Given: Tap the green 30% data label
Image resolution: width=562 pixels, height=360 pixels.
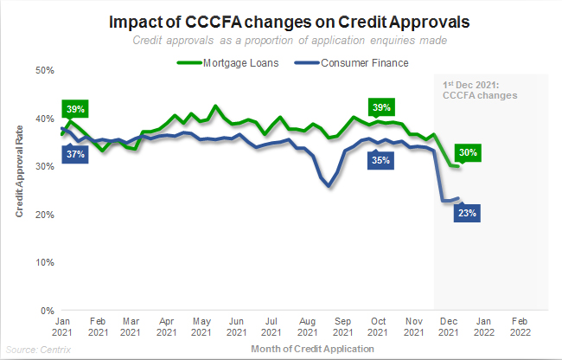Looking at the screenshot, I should click(x=469, y=153).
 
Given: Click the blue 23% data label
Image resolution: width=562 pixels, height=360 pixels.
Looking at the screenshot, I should click(x=468, y=213).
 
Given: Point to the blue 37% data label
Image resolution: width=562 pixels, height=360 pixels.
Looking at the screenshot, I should click(x=75, y=154).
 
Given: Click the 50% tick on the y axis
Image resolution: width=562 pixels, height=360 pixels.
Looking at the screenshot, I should click(x=45, y=70).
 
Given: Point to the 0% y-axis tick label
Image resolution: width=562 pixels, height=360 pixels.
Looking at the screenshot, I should click(x=48, y=310).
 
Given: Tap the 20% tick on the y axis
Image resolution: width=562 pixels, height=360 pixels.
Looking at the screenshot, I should click(x=45, y=214).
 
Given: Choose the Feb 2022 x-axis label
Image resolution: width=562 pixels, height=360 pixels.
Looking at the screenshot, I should click(x=517, y=325).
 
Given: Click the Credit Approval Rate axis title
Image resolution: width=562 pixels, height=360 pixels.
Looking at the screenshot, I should click(x=20, y=190).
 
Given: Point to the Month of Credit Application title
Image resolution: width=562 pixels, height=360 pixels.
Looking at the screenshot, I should click(x=312, y=348).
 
